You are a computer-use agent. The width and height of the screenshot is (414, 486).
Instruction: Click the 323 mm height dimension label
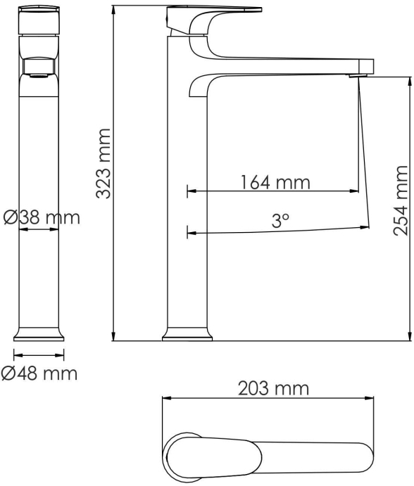[103, 164]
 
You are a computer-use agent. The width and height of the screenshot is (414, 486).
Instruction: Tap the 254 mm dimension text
[401, 201]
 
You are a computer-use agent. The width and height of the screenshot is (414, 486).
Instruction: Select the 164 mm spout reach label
[275, 182]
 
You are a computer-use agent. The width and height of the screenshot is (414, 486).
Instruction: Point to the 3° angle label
[280, 220]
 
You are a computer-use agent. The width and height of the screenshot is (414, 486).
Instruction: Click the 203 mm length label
[273, 388]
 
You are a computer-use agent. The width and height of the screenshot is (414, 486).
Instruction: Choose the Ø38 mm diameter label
[42, 217]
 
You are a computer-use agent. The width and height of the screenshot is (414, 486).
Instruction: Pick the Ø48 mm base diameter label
[39, 373]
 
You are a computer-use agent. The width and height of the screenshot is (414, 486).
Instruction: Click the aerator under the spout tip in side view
[358, 75]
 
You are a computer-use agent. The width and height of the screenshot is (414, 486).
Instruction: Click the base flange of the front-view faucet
[39, 334]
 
